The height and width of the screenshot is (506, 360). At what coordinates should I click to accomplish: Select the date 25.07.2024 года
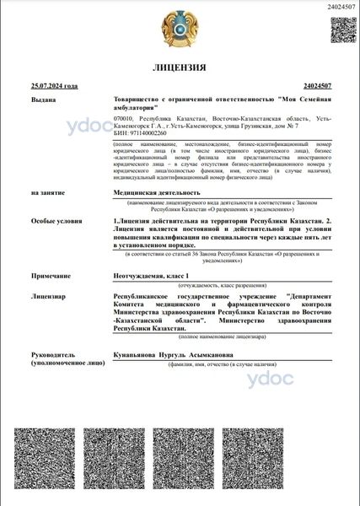click(x=54, y=86)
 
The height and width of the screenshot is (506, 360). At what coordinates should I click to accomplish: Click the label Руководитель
click(x=54, y=356)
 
